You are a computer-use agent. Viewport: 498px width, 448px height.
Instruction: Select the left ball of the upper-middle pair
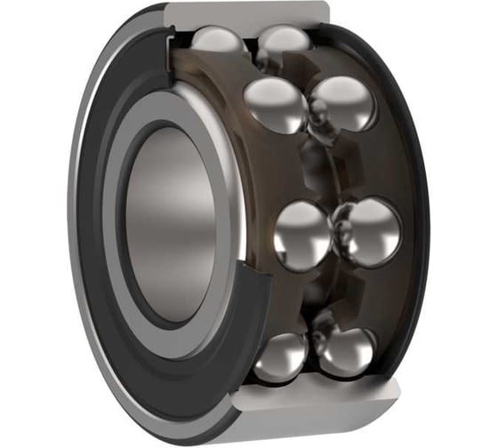click(x=275, y=104)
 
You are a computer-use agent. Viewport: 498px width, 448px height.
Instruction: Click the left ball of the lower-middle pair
click(x=302, y=235)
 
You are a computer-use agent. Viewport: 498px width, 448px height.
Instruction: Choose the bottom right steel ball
click(x=344, y=351)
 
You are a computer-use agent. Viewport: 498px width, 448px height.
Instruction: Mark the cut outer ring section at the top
click(x=249, y=14)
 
